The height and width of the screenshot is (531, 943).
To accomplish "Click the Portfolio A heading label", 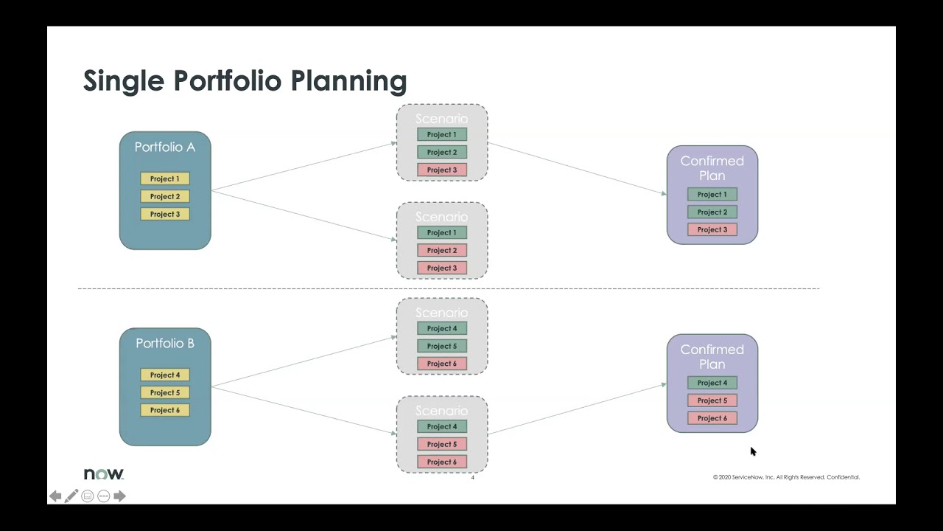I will (165, 147).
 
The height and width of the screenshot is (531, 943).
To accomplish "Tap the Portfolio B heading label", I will (165, 344).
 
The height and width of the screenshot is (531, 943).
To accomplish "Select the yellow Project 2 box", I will (165, 196).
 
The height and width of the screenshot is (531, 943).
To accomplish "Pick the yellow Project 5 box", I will (165, 392).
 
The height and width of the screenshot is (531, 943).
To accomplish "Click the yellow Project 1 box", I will (165, 178).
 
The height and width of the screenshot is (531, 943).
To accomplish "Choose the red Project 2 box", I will (442, 250).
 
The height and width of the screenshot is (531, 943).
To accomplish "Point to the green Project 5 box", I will (442, 346).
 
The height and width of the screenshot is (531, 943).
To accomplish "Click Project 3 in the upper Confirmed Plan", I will (712, 229).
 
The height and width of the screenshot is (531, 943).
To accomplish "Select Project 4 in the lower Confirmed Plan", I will (712, 383).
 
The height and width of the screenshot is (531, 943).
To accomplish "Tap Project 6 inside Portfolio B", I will (165, 410).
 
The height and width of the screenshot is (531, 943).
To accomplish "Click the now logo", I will (104, 474).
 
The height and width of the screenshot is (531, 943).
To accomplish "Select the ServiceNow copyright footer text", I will (786, 477).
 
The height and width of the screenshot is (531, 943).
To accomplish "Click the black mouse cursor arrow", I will (752, 451).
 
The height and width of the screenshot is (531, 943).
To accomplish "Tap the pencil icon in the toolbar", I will (71, 496).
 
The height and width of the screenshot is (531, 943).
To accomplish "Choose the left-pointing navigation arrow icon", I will (55, 496).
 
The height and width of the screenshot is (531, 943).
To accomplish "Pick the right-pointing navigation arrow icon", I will (119, 496).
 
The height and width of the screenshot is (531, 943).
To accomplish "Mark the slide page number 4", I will (473, 478).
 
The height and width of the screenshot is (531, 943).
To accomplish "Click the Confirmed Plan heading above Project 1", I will (712, 168).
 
